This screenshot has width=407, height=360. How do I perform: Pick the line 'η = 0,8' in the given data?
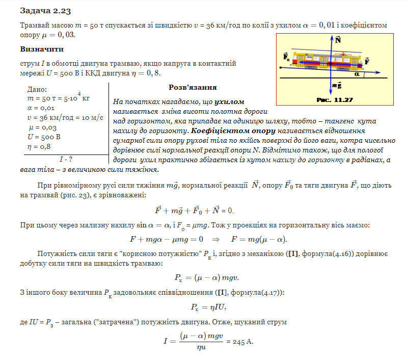click(40, 146)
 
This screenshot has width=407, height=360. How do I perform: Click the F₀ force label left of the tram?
click(286, 57)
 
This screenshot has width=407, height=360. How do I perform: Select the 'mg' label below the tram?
click(336, 85)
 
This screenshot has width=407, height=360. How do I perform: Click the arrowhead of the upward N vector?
click(332, 38)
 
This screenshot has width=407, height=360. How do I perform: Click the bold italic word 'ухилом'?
click(230, 101)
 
